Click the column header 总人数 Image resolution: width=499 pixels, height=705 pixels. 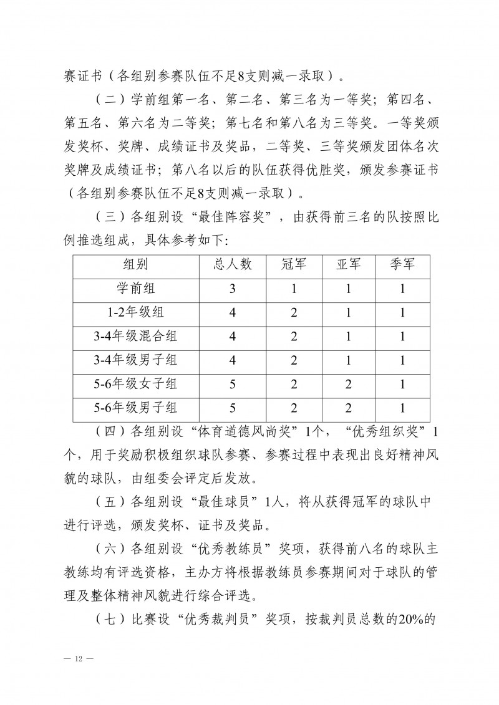click(x=233, y=264)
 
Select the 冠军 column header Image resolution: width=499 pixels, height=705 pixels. click(x=294, y=264)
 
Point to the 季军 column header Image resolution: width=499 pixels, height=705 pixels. click(x=402, y=264)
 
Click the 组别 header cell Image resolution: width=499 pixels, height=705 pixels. click(x=135, y=264)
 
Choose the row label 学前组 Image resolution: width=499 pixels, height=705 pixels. click(x=135, y=289)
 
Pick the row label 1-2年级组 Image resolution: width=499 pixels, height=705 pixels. click(x=135, y=313)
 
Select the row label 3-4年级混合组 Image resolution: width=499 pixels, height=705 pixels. click(x=135, y=337)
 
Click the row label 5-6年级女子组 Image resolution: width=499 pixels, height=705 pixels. click(x=135, y=385)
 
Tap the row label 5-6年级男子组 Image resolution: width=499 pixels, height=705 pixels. click(x=135, y=409)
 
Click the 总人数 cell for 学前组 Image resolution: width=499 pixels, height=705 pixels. click(x=233, y=289)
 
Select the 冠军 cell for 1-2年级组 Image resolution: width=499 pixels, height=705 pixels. click(x=294, y=313)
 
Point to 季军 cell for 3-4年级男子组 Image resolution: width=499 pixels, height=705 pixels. click(x=402, y=361)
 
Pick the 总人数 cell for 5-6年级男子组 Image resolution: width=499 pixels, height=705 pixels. click(x=233, y=409)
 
